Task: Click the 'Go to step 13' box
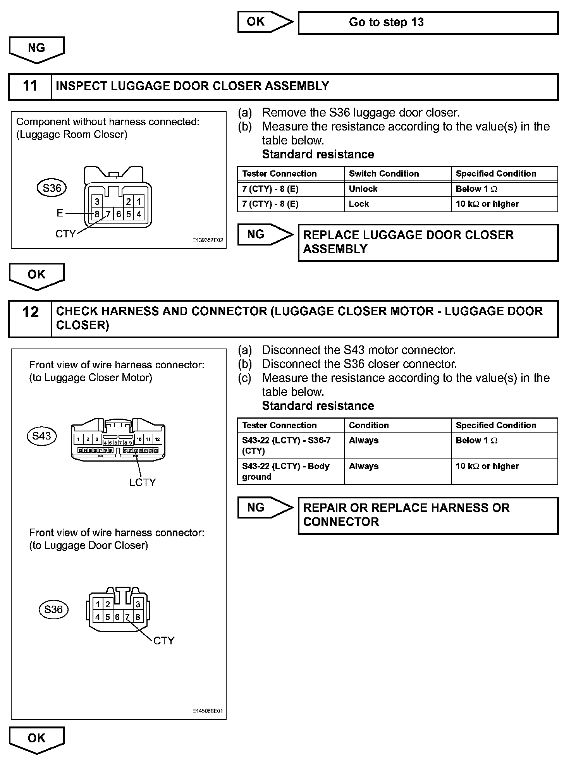[x=428, y=22]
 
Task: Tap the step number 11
[x=30, y=86]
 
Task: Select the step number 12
[x=30, y=313]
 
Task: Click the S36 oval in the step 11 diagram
[x=52, y=188]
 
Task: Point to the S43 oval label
[x=42, y=436]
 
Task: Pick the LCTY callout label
[x=143, y=483]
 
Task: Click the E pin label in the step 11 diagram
[x=60, y=213]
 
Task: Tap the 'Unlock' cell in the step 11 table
[x=363, y=189]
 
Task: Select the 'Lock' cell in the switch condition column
[x=359, y=204]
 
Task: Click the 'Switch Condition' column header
[x=384, y=174]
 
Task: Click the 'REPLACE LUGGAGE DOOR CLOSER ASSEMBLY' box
[x=428, y=242]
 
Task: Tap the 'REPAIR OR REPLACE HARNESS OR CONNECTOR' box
[x=428, y=515]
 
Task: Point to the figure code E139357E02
[x=208, y=240]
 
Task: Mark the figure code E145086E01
[x=208, y=711]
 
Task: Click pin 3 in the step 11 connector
[x=97, y=201]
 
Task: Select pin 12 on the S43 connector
[x=157, y=439]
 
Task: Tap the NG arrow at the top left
[x=36, y=49]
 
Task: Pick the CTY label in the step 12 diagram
[x=164, y=641]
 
